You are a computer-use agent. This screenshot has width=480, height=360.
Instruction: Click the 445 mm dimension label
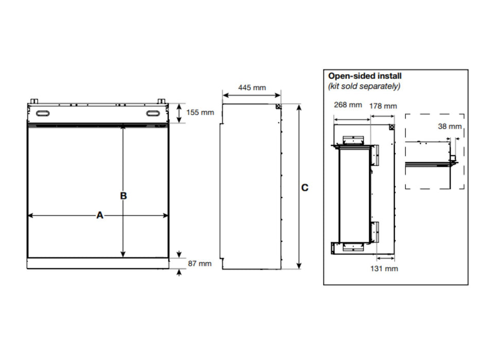pos(252,87)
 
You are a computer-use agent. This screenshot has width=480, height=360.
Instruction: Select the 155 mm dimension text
pos(200,112)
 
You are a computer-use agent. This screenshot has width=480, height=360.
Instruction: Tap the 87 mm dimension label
pos(200,263)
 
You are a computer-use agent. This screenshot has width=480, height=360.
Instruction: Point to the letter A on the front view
pos(100,215)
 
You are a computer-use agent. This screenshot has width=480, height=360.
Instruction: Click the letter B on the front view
pos(123,195)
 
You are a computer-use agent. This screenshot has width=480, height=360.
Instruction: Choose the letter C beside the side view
pos(305,188)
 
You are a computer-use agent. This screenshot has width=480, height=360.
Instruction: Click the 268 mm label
pos(348,105)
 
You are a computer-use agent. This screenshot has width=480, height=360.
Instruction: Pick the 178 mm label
pos(383,106)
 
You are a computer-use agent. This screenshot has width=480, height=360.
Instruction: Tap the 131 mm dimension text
pos(384,269)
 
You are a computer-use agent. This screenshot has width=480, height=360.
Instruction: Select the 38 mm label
pos(450,127)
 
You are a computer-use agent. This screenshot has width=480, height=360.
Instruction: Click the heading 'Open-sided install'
pos(365,76)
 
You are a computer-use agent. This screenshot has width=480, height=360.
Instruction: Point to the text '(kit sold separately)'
pos(364,86)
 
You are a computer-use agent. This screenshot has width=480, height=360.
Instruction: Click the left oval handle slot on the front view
pos(43,114)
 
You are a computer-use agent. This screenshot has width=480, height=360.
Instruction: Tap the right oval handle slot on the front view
pos(152,114)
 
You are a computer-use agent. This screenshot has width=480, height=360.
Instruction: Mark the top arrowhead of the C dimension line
pos(299,107)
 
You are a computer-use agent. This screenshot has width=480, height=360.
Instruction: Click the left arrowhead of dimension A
pos(30,215)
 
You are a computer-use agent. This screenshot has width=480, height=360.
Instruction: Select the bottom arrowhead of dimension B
pos(123,254)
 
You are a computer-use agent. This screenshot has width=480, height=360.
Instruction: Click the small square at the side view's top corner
pos(278,106)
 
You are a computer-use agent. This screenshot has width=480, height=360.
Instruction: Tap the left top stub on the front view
pos(34,101)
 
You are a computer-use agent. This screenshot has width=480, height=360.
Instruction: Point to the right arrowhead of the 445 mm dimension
pos(278,95)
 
